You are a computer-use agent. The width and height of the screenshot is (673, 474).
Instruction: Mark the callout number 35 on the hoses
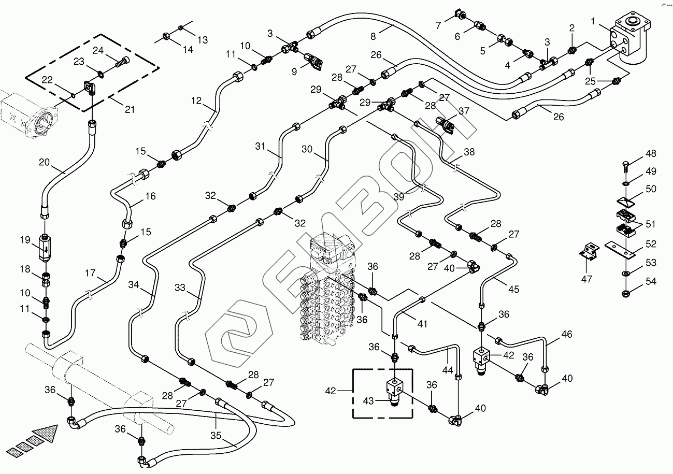point(216,436)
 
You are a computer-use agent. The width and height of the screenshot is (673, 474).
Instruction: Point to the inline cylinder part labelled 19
point(46,247)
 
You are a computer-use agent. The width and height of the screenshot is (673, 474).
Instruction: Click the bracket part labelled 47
point(589,252)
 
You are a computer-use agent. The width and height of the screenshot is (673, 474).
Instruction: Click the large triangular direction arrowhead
point(46,432)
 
